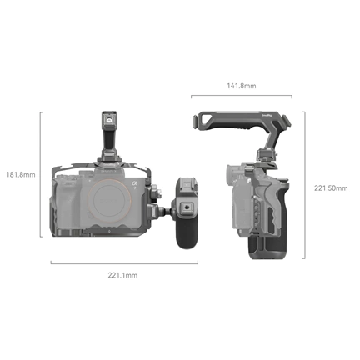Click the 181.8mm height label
point(20,175)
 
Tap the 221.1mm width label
point(123,274)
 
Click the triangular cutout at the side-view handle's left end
point(202,124)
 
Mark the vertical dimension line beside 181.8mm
point(41,175)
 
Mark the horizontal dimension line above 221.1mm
point(123,262)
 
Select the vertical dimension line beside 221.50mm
point(304,187)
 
